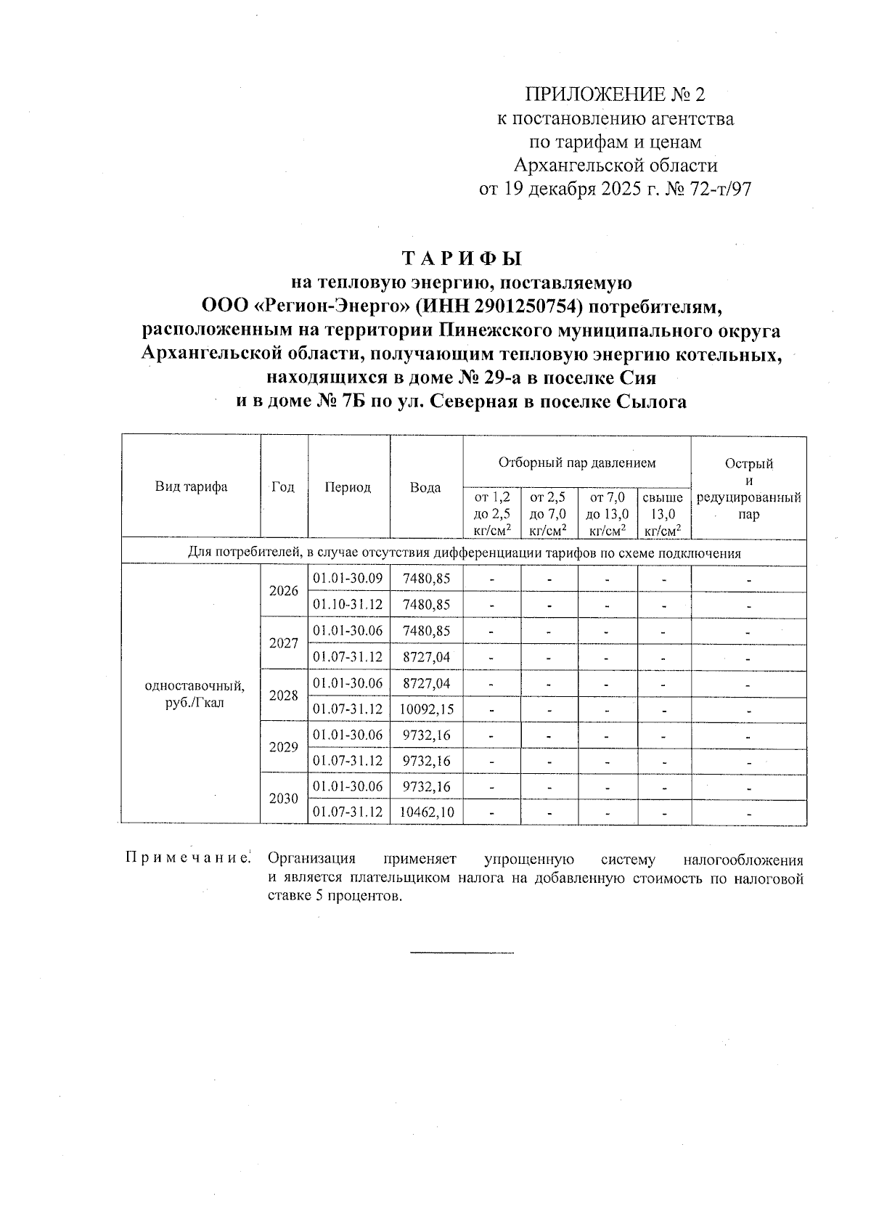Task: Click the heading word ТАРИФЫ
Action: [x=462, y=258]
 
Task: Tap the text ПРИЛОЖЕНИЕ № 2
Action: [x=615, y=94]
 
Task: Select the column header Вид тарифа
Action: [x=191, y=487]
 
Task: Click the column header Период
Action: [x=348, y=487]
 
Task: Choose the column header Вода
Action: [x=425, y=487]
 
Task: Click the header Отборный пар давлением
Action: [x=576, y=462]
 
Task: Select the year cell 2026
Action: [x=283, y=591]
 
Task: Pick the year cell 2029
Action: [x=283, y=747]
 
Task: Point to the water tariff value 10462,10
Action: [x=425, y=812]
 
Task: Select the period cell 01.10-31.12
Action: [x=348, y=604]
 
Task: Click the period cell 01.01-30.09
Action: [x=348, y=579]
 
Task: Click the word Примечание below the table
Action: [x=188, y=860]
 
